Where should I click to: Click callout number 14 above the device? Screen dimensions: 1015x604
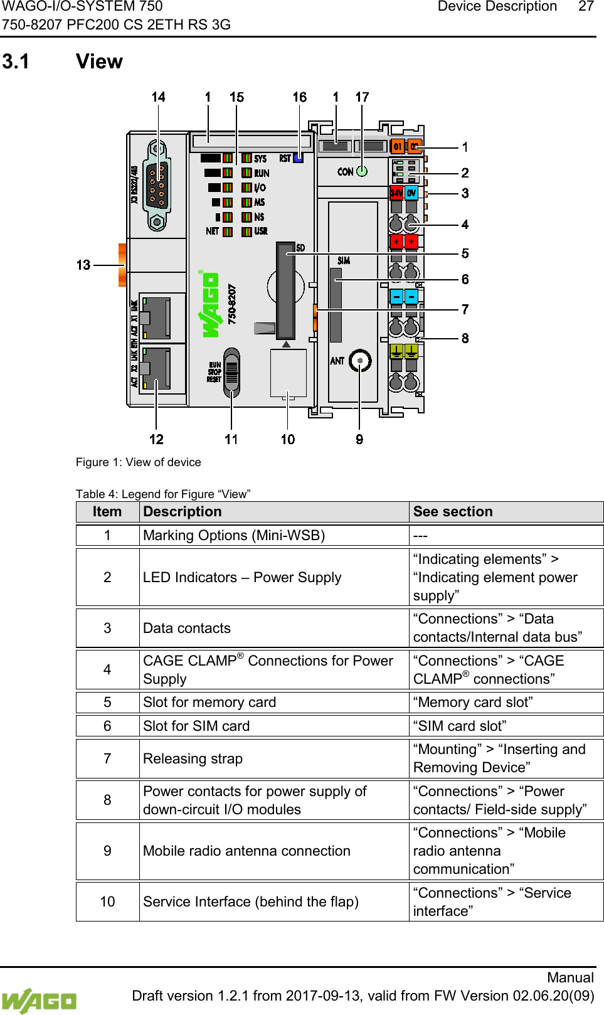[x=158, y=97]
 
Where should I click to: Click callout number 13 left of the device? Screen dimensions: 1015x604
[x=83, y=265]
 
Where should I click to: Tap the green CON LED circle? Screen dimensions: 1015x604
[x=362, y=171]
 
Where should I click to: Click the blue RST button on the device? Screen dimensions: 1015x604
[x=299, y=158]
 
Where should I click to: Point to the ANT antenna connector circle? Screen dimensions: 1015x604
[x=360, y=361]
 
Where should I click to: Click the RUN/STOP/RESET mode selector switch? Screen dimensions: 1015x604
[x=231, y=373]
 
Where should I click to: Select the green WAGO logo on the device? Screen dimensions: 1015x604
[x=209, y=305]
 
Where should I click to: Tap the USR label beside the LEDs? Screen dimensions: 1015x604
[x=261, y=231]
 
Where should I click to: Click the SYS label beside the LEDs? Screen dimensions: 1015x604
[x=260, y=159]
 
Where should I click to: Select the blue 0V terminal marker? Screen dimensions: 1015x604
[x=411, y=193]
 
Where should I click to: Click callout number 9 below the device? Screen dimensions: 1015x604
[x=359, y=439]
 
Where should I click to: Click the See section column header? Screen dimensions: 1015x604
[x=453, y=512]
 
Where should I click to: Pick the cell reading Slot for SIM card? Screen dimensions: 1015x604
[x=196, y=726]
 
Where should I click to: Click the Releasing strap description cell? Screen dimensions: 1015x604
[x=193, y=758]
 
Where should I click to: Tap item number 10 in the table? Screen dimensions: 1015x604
[x=107, y=901]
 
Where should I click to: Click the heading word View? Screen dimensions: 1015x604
[x=99, y=61]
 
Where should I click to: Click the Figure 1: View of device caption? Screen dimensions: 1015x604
[x=139, y=462]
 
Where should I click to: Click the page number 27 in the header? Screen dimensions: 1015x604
[x=586, y=7]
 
